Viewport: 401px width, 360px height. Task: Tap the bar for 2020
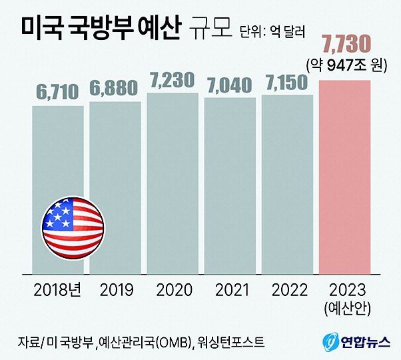[173, 183]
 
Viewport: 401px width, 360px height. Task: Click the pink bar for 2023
[345, 177]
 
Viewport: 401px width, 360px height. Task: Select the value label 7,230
[173, 80]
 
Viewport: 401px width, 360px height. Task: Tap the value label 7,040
[230, 85]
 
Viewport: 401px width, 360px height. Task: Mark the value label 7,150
[287, 83]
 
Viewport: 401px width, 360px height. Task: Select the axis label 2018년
[58, 290]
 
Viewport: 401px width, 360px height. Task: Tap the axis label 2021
[230, 290]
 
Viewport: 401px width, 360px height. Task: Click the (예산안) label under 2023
[345, 309]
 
